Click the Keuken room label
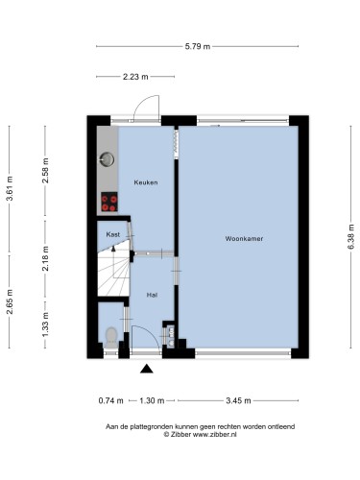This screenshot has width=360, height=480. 146,182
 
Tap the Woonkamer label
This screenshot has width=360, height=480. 244,238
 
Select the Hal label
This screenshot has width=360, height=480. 152,295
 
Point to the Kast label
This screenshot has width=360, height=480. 113,234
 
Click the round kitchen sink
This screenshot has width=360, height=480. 107,159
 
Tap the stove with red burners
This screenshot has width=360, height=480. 109,202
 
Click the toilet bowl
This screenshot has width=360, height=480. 111,335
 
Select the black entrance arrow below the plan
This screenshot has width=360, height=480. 147,369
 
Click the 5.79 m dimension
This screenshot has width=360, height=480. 198,46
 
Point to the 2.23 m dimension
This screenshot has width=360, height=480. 135,77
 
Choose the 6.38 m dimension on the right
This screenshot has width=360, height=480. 351,237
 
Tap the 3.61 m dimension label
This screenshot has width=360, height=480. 10,188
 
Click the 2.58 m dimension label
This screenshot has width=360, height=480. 45,170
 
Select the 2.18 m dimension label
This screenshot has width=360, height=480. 45,258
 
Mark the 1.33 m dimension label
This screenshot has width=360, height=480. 45,324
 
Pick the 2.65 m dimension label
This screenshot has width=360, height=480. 10,301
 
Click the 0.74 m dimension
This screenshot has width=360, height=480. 110,400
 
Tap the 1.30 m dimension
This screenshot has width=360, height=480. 152,400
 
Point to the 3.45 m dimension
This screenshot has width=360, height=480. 238,400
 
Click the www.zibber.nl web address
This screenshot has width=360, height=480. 215,434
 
